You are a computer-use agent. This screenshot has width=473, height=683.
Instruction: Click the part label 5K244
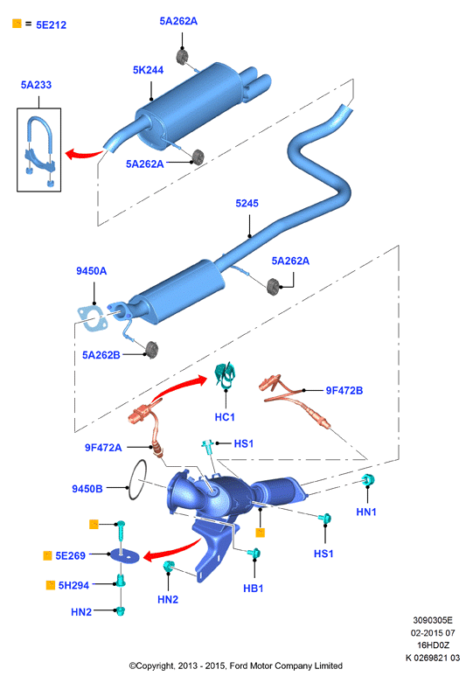coord(148,70)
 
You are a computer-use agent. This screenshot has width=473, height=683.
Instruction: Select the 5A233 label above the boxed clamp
coord(36,85)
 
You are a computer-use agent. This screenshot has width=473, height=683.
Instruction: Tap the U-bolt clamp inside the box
coord(39,150)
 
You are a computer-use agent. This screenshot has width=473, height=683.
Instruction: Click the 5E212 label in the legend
coord(51,24)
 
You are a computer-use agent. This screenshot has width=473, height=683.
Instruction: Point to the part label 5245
coord(247,204)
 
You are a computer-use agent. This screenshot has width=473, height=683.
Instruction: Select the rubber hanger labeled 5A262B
coord(151,350)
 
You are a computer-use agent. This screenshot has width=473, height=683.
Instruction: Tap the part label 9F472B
coord(344,391)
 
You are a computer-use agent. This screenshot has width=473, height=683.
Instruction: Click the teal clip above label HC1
coord(226,375)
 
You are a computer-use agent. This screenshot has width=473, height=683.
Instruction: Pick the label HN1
coord(366,512)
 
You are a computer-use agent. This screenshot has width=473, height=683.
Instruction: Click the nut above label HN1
coord(369,479)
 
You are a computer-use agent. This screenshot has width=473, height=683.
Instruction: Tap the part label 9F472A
coord(103,448)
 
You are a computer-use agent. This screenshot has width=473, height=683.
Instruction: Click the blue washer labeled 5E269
coord(124,555)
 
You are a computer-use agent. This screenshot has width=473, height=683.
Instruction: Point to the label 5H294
coord(73,585)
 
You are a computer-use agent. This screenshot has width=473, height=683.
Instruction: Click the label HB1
coord(253,589)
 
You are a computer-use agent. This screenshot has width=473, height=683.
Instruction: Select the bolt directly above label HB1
coord(254,554)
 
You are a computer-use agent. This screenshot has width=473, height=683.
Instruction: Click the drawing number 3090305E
coord(433,620)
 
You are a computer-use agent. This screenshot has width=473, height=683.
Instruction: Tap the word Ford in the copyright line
coord(239,666)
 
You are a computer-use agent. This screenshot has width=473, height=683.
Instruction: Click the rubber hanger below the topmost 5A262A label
coord(183,57)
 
